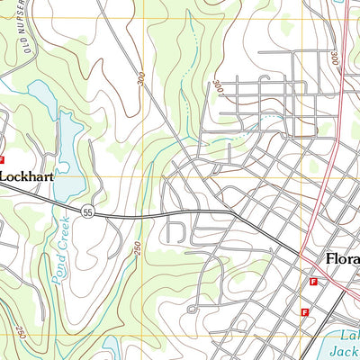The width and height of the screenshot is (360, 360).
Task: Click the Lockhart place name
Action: [x=27, y=177]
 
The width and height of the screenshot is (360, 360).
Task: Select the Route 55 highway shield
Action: [x=87, y=212]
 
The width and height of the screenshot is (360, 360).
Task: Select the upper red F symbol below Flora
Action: [x=312, y=282]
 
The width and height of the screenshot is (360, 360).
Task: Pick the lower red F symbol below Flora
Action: [x=305, y=311]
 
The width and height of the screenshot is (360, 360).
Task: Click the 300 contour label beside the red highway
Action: [x=334, y=56]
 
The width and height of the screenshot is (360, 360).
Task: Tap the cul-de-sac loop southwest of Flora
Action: [x=191, y=309]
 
